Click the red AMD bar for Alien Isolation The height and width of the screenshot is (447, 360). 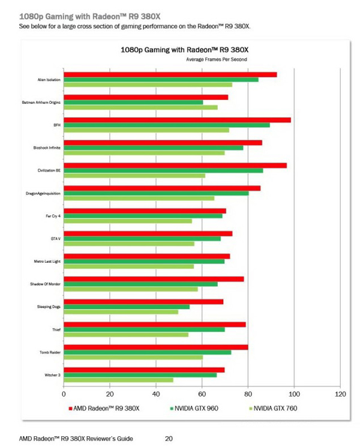coord(170,74)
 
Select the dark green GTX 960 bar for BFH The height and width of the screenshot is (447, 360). coord(166,125)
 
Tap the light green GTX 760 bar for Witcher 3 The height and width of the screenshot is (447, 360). coord(118,380)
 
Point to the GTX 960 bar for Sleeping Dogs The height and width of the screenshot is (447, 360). coord(126,307)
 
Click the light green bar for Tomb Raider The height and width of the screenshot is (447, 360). coord(133,357)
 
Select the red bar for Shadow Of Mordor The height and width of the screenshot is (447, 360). coord(154,278)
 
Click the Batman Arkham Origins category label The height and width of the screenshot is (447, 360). coord(41,103)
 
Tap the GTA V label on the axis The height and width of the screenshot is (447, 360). coord(56,239)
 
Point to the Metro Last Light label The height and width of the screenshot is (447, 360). coord(47,262)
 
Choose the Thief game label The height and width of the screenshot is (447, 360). coord(56,329)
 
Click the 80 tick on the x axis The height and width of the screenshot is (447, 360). coord(248,394)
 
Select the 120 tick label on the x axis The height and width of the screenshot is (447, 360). coord(340,394)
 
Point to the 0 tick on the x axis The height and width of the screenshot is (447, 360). coord(64,394)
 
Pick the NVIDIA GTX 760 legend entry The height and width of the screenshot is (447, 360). coord(275,409)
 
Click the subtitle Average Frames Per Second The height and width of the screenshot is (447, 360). coord(217,59)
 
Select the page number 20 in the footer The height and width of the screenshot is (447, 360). coord(169,439)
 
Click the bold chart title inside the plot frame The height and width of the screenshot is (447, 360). coord(184,50)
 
